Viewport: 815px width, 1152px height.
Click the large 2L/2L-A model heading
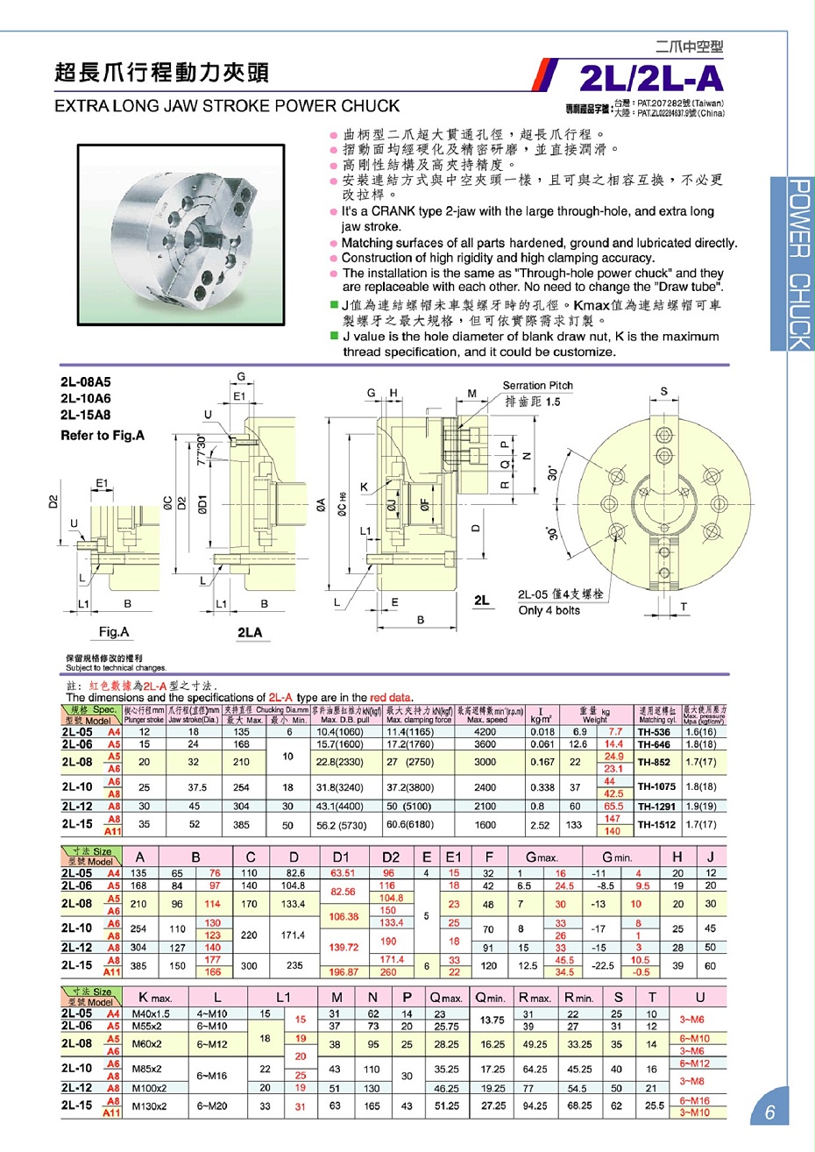[x=651, y=80]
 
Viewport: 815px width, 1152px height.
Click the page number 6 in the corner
[x=769, y=1113]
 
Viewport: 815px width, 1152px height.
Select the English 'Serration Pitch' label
[x=537, y=386]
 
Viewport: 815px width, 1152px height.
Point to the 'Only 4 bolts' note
[x=549, y=610]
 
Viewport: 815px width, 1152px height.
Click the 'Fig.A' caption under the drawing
[x=114, y=632]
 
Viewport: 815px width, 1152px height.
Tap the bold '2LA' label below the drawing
[x=250, y=632]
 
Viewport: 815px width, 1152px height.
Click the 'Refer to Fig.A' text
[x=103, y=436]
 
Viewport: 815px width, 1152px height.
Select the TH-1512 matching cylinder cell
[x=656, y=825]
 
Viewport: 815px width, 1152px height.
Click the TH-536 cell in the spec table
[x=654, y=732]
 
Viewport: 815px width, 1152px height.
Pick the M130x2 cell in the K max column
[x=149, y=1106]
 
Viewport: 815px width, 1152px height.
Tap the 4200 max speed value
[x=485, y=732]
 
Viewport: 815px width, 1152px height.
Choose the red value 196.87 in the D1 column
[x=343, y=971]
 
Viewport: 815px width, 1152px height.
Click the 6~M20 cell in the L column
[x=212, y=1106]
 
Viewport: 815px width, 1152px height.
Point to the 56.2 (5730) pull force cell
[x=341, y=825]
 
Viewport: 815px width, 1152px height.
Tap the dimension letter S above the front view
[x=663, y=392]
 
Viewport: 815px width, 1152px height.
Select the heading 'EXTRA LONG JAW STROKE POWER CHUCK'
[x=227, y=106]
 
